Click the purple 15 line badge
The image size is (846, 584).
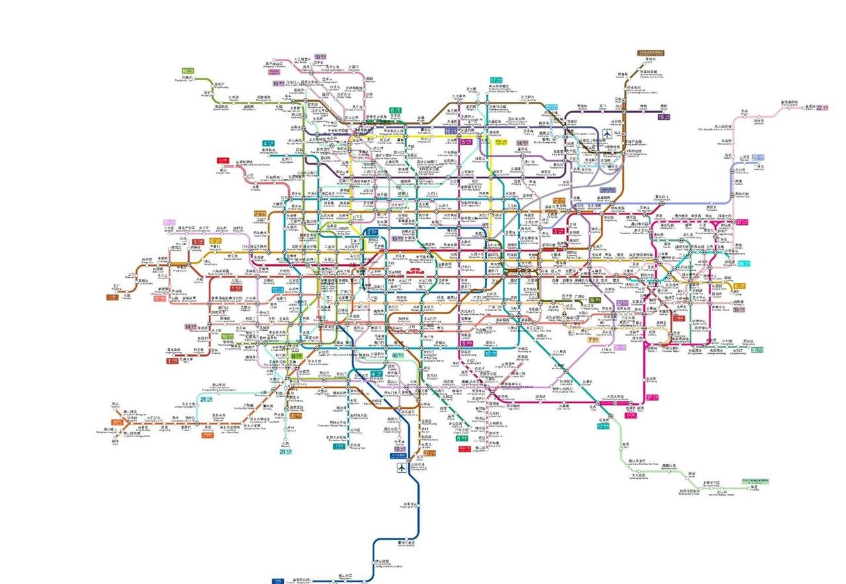664,117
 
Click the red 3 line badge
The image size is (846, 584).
558,230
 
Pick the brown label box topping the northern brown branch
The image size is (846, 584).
650,52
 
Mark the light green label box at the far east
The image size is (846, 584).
755,481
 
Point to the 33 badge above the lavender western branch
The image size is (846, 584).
170,223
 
